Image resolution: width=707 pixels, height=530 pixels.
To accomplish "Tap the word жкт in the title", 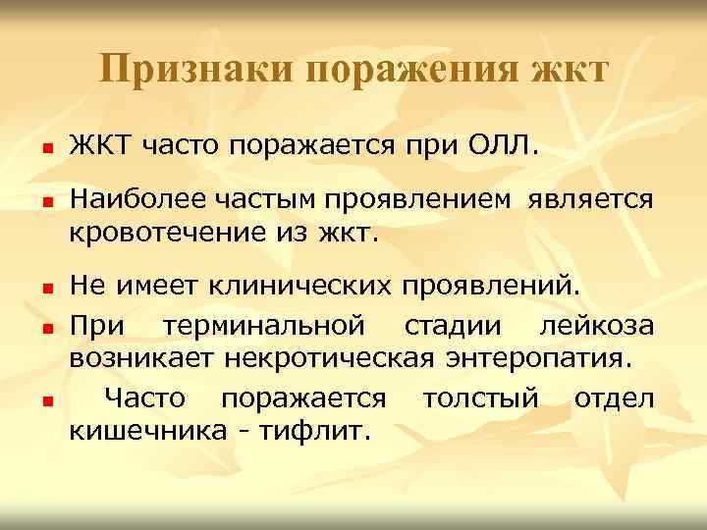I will (x=569, y=72).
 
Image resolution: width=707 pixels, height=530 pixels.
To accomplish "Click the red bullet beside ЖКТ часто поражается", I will (x=45, y=150).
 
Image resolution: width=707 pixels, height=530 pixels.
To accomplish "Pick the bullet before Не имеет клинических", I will (x=45, y=290).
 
